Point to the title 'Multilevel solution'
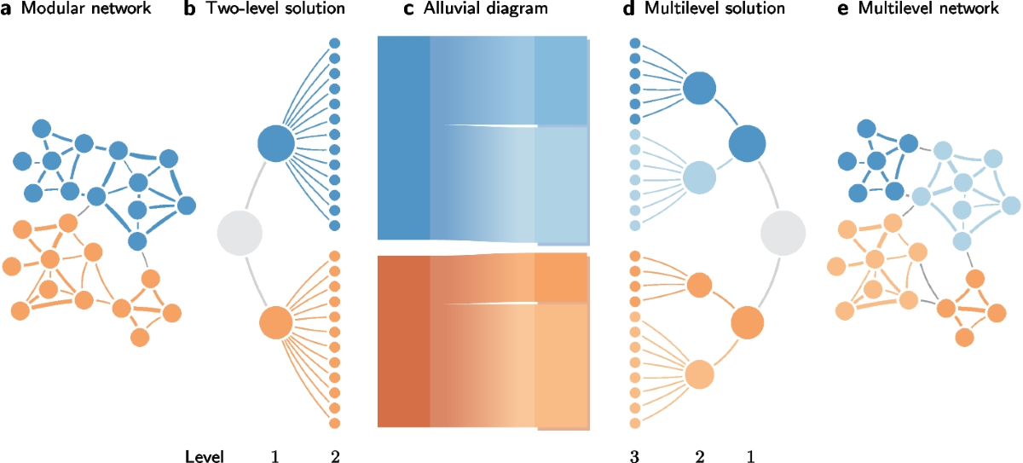[x=703, y=11]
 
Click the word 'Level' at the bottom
[x=205, y=456]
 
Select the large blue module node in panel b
[x=276, y=142]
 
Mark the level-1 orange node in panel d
[x=747, y=323]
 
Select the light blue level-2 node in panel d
[x=698, y=178]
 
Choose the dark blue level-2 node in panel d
[x=699, y=87]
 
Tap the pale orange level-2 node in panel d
[x=698, y=374]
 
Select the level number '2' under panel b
[x=334, y=456]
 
